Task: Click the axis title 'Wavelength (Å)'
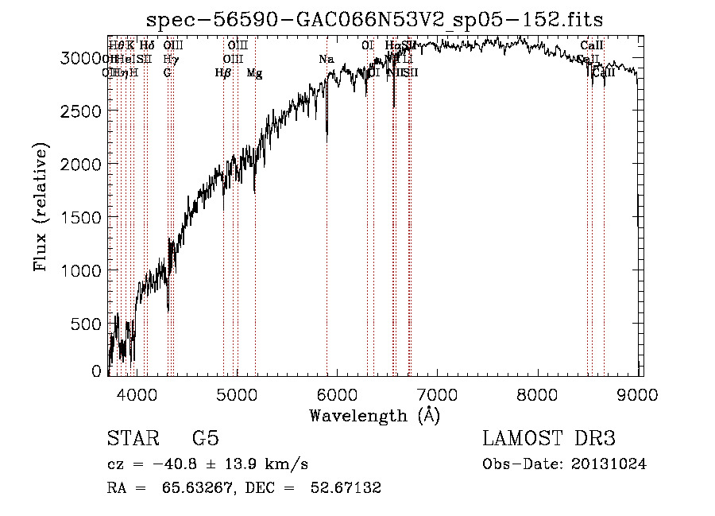click(374, 415)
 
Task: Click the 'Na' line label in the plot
click(326, 60)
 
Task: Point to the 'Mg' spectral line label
click(254, 73)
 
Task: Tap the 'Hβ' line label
click(222, 73)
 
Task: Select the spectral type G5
click(205, 439)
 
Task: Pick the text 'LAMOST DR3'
click(548, 439)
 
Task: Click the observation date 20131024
click(609, 464)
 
